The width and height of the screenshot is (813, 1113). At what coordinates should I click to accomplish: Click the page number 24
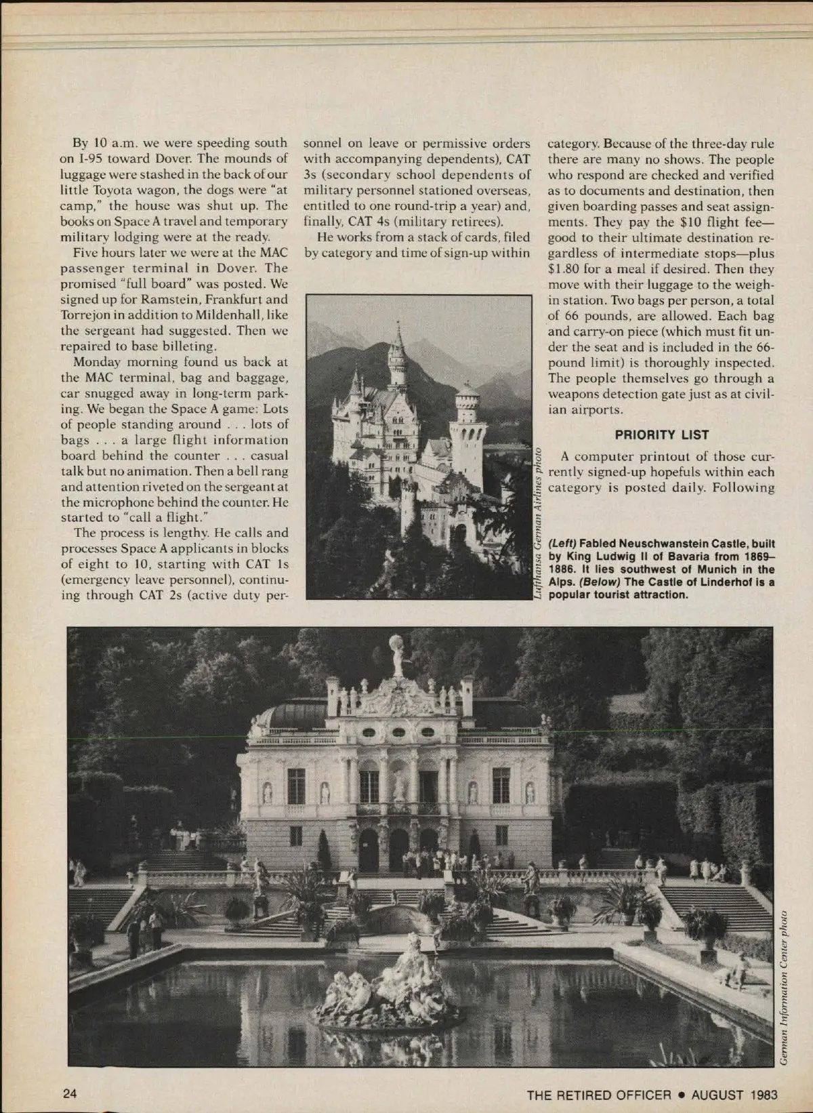[69, 1094]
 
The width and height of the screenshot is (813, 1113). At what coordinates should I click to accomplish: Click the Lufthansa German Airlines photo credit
[537, 522]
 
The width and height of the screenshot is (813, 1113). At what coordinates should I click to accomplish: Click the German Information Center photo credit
[783, 987]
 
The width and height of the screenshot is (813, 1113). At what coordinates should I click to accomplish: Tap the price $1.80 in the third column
[564, 268]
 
